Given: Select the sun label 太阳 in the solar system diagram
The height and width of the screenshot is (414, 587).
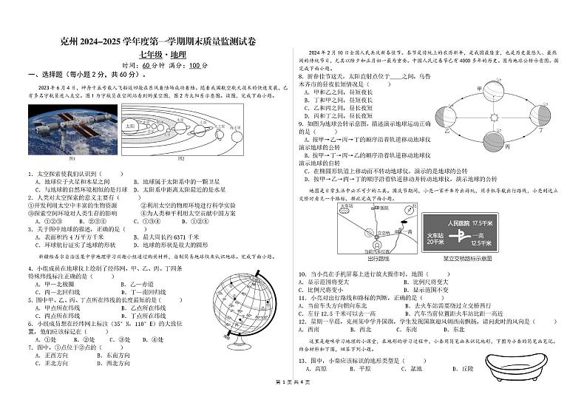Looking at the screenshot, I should coord(130,126).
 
